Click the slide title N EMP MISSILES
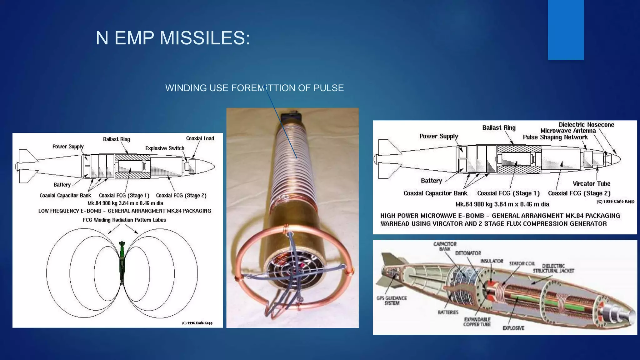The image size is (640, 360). click(173, 38)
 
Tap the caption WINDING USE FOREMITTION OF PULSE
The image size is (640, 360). click(254, 88)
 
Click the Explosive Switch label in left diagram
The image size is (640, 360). click(165, 148)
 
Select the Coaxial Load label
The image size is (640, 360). click(200, 138)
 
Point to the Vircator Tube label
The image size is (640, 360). click(591, 184)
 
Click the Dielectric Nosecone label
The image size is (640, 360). click(586, 125)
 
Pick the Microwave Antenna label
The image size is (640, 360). click(568, 131)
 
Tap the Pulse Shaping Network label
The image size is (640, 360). click(555, 137)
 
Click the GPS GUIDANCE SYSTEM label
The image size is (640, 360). click(392, 301)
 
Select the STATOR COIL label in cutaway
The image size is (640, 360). click(522, 264)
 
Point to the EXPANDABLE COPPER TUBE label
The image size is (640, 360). click(477, 322)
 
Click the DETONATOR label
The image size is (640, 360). click(468, 253)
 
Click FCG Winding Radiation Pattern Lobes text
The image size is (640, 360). click(124, 220)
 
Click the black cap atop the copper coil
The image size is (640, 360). click(291, 117)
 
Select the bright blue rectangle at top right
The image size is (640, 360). click(566, 30)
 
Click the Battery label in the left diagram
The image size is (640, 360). click(62, 185)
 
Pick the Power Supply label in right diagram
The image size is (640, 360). click(438, 136)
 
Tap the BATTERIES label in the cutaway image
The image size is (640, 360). click(448, 312)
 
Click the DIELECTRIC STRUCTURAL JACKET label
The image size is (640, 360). click(553, 268)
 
